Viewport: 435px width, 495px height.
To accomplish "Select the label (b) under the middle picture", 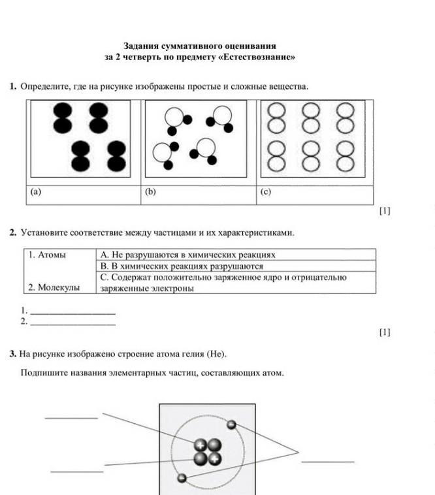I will coord(150,192).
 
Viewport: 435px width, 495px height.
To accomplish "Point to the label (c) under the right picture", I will coord(265,192).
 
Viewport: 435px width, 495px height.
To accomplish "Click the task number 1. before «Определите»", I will coord(13,86).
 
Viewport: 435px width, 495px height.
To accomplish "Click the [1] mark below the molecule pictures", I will coord(385,211).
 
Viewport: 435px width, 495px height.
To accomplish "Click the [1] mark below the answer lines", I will coord(385,332).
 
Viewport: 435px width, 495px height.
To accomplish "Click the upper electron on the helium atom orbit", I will coord(231,425).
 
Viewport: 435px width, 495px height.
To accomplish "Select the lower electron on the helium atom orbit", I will coord(182,479).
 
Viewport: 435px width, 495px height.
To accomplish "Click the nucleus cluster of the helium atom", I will coord(208,452).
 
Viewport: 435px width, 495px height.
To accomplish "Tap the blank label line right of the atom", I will coord(328,461).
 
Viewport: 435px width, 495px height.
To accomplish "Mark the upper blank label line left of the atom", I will coord(71,417).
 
